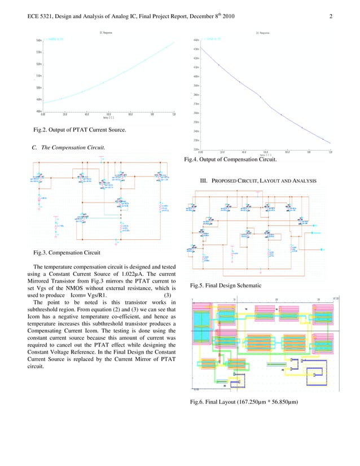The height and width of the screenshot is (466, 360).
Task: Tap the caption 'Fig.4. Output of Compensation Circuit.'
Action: pos(230,160)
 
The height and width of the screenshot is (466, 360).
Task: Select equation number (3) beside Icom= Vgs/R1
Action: pos(167,295)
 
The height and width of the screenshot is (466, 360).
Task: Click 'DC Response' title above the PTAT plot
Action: pos(106,33)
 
